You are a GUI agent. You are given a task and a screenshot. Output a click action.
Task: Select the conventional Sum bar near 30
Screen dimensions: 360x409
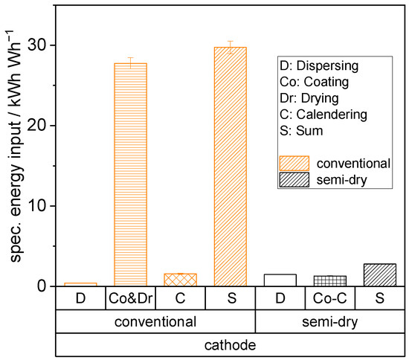[230, 167]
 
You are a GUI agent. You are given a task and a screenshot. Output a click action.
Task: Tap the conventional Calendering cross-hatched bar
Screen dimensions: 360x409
[180, 280]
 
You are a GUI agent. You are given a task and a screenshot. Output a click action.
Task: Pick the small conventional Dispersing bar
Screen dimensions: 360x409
[80, 284]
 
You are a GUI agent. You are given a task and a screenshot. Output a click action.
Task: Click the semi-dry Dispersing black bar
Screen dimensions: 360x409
[280, 280]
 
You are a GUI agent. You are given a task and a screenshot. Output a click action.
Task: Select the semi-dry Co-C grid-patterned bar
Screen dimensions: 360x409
[329, 281]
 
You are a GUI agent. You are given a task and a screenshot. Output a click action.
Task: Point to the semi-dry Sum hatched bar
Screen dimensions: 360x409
[379, 275]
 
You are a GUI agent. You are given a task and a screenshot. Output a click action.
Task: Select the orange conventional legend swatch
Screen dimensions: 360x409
[294, 162]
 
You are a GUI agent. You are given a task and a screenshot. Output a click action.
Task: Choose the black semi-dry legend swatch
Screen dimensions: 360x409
[294, 180]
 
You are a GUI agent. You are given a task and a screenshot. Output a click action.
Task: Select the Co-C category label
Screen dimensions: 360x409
[329, 299]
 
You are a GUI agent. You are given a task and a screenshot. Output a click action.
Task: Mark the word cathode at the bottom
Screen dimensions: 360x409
[230, 347]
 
